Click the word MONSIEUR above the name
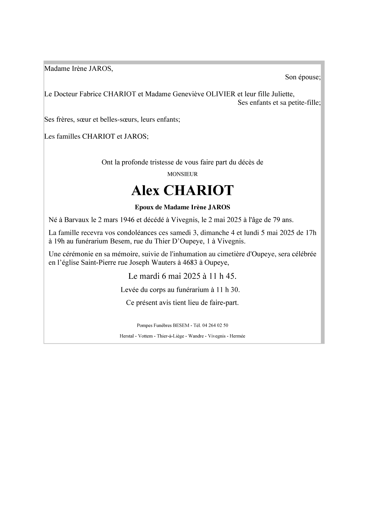(182, 174)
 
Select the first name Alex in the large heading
(145, 190)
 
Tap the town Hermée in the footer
(237, 336)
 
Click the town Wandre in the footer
(196, 336)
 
